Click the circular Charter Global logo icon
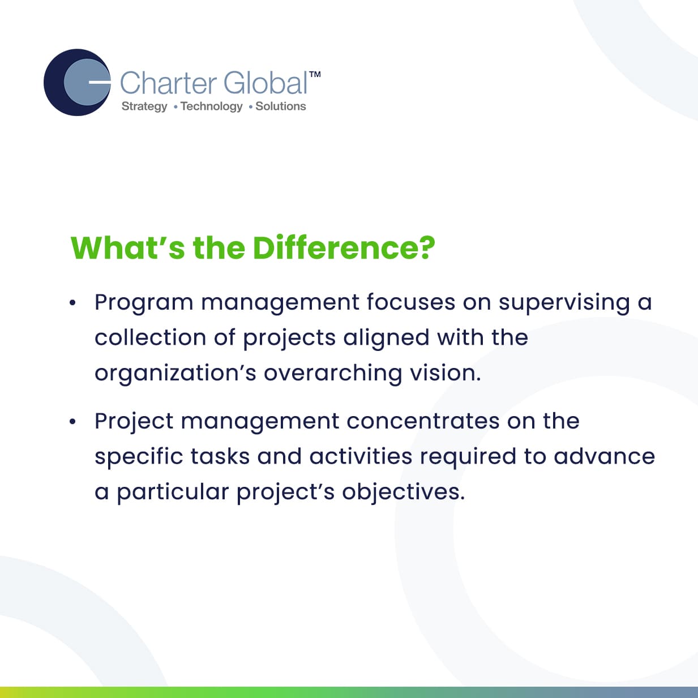(77, 83)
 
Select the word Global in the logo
(266, 83)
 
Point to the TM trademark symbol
(315, 74)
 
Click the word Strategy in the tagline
(144, 106)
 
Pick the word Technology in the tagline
(212, 106)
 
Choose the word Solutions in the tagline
(281, 106)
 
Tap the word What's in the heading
(128, 248)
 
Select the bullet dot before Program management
(73, 303)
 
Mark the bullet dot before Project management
(73, 422)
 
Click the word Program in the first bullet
(144, 303)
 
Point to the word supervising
(564, 303)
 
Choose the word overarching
(332, 374)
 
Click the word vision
(445, 373)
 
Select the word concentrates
(423, 422)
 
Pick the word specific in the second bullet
(139, 457)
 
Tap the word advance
(604, 456)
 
